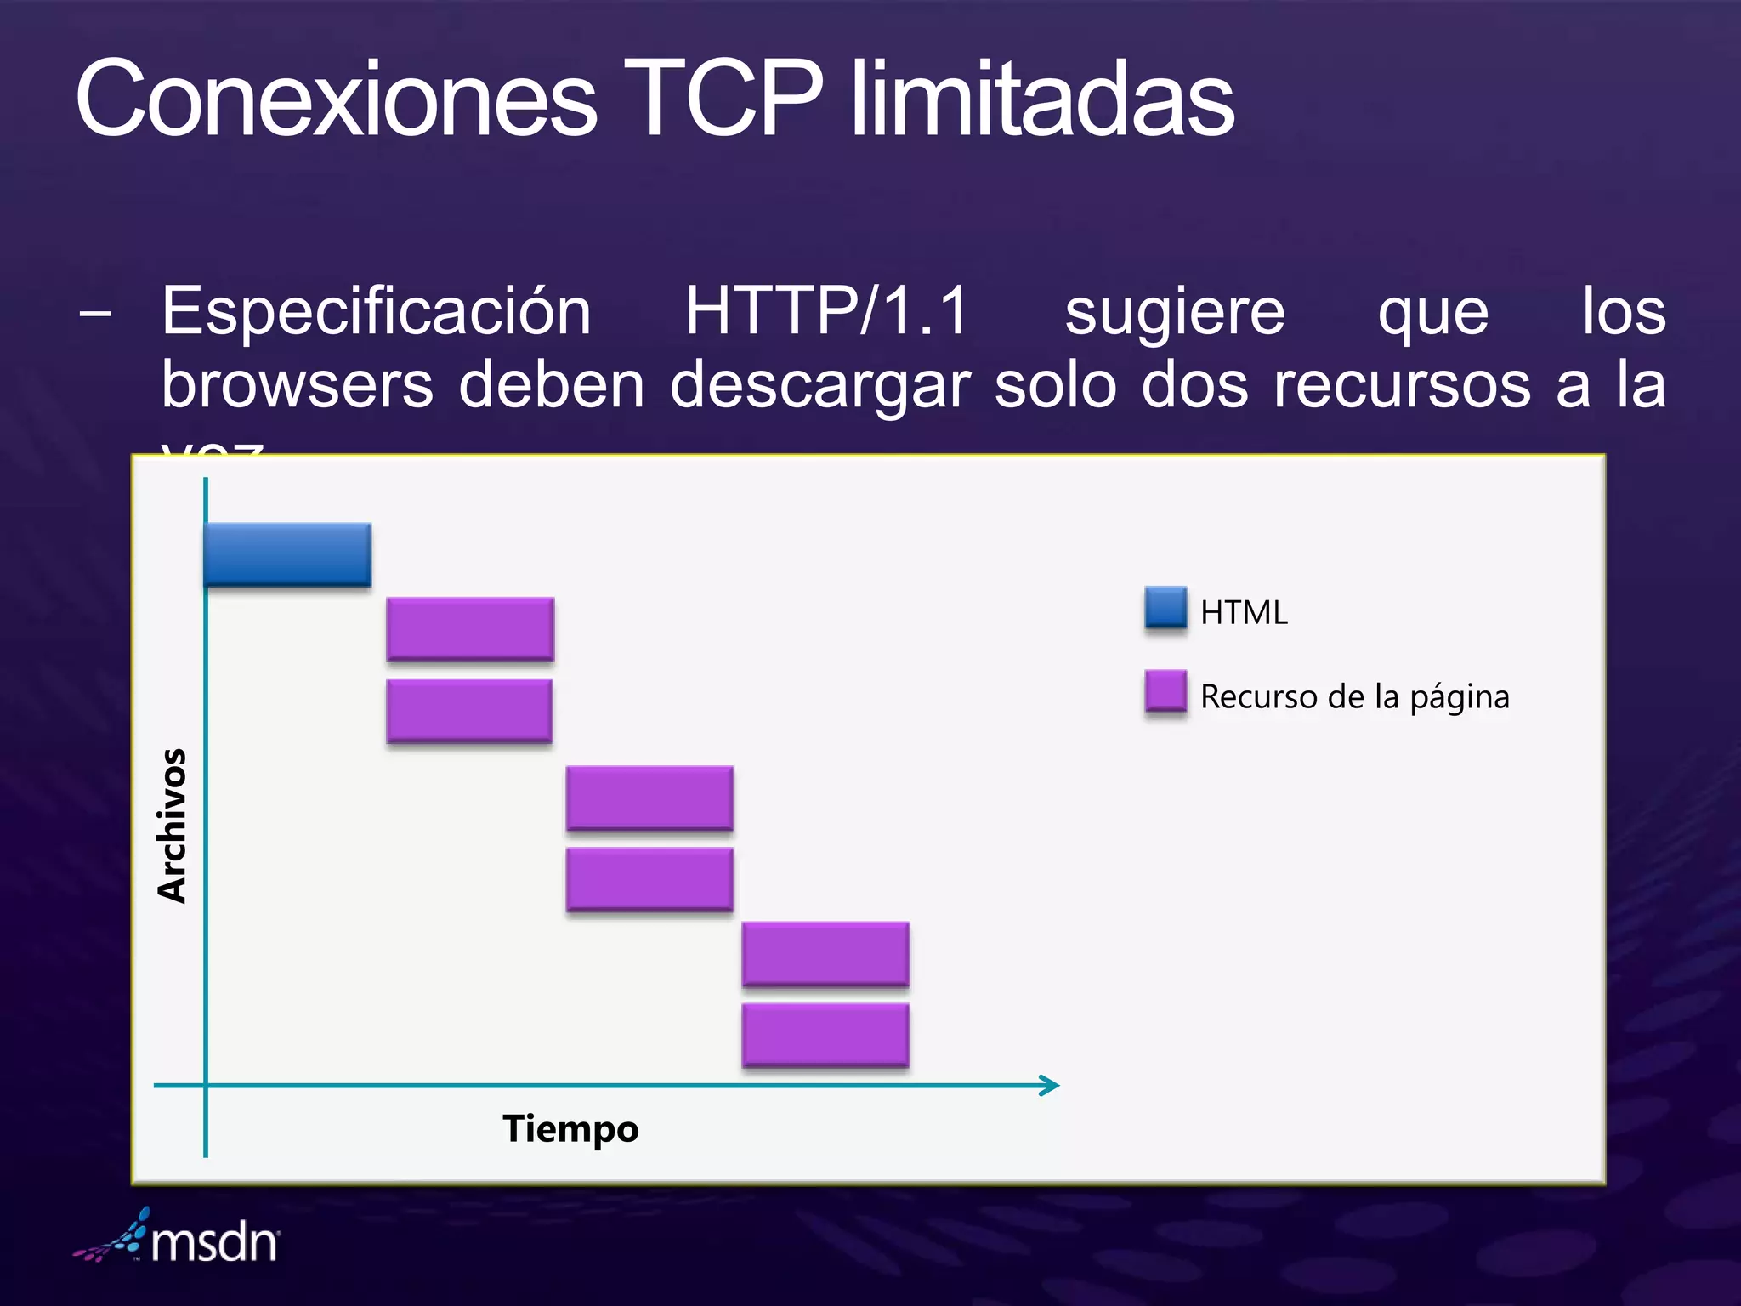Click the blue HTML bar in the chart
pyautogui.click(x=287, y=554)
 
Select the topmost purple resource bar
pyautogui.click(x=470, y=628)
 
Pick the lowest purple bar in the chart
pyautogui.click(x=825, y=1034)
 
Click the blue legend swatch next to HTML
pyautogui.click(x=1165, y=607)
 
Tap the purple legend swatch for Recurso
pyautogui.click(x=1165, y=690)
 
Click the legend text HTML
pyautogui.click(x=1244, y=612)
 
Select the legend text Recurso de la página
pyautogui.click(x=1354, y=697)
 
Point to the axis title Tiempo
pyautogui.click(x=570, y=1129)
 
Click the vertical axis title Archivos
pyautogui.click(x=172, y=825)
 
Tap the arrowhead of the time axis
pyautogui.click(x=1051, y=1085)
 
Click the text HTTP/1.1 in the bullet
pyautogui.click(x=826, y=311)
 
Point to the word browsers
pyautogui.click(x=298, y=385)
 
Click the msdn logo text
pyautogui.click(x=214, y=1243)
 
